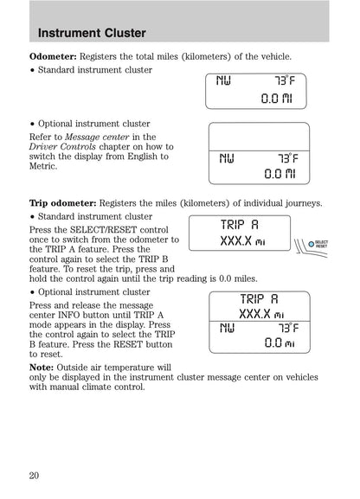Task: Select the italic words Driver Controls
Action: point(63,146)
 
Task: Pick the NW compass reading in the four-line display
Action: point(227,328)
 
